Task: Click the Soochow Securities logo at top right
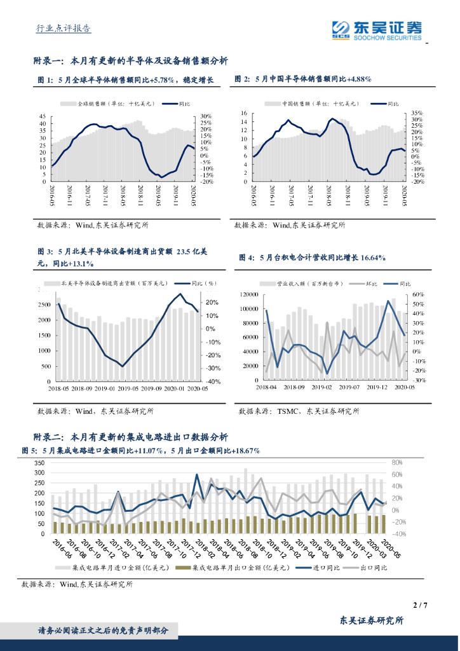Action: tap(377, 29)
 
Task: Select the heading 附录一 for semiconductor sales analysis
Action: tap(130, 61)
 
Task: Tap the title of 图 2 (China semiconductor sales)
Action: tap(303, 79)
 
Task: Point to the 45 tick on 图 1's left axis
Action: tap(43, 116)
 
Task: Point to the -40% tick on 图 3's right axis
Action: tap(213, 381)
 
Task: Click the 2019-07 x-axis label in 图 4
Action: tap(346, 387)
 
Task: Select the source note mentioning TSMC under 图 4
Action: tap(299, 411)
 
